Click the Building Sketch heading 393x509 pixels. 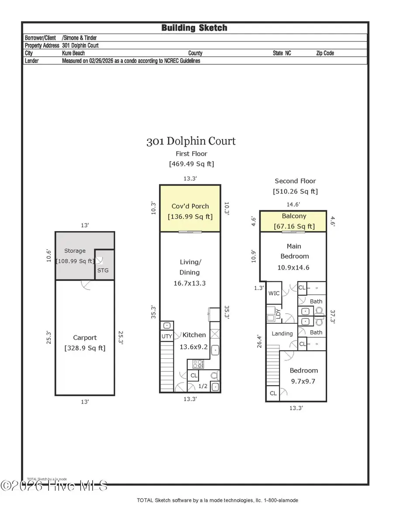[194, 28]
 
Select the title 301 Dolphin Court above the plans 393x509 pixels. [191, 141]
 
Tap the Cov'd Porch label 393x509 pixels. [190, 206]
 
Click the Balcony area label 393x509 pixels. [293, 216]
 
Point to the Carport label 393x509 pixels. [85, 338]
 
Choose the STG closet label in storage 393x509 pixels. [103, 270]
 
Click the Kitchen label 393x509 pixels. [194, 335]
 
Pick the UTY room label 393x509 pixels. [166, 336]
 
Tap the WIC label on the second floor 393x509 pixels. [274, 293]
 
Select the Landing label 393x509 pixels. [282, 333]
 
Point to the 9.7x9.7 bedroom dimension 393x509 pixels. [303, 381]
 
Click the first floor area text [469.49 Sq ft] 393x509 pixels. [191, 164]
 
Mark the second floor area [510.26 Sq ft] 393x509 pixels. [295, 191]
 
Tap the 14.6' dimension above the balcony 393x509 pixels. [293, 204]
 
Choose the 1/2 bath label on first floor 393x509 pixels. [203, 386]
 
